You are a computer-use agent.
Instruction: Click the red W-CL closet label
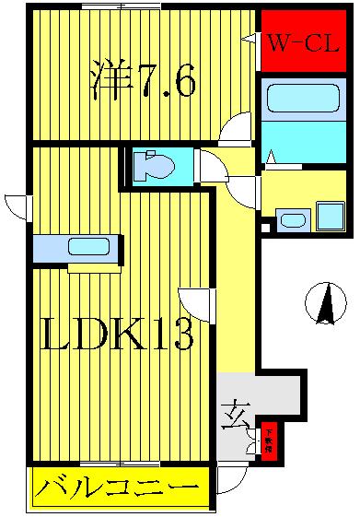click(x=304, y=42)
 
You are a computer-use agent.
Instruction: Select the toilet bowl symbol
click(x=154, y=167)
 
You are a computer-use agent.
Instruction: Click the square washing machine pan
click(x=329, y=216)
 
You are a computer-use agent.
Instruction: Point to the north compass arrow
click(x=325, y=303)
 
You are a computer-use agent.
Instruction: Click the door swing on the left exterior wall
click(x=17, y=208)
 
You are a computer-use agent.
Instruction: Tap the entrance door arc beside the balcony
click(x=231, y=477)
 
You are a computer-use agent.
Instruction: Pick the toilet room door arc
click(x=213, y=168)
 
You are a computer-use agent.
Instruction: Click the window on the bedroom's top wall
click(x=115, y=7)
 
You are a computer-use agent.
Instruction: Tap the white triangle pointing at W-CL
click(x=250, y=38)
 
